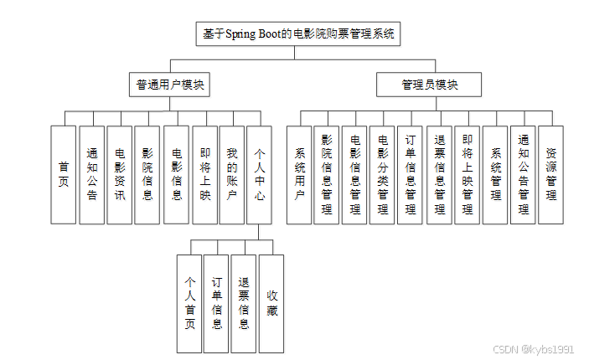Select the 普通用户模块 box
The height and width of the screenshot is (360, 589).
(x=172, y=85)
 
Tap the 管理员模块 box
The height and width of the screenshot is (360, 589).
(x=429, y=85)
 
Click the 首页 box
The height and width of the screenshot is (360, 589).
(x=64, y=174)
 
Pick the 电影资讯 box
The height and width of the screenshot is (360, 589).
(x=120, y=174)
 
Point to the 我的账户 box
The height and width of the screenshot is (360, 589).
(x=232, y=174)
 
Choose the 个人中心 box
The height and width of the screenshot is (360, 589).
(x=260, y=174)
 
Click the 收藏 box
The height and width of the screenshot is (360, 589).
(x=271, y=303)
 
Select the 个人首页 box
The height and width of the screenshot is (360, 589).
(x=189, y=303)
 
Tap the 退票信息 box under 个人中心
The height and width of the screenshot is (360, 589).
(x=244, y=303)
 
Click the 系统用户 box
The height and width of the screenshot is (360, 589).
(x=299, y=174)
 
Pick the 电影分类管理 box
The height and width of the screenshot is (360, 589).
(x=382, y=174)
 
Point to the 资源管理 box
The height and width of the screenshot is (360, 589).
(x=550, y=174)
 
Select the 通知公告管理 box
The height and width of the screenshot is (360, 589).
(x=523, y=174)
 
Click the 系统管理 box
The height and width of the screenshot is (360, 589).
(x=495, y=174)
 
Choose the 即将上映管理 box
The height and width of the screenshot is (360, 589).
(x=467, y=174)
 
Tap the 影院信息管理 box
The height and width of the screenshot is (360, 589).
(x=327, y=174)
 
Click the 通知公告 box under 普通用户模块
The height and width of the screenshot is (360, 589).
(x=92, y=174)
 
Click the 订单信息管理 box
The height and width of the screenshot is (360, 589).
(x=410, y=174)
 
